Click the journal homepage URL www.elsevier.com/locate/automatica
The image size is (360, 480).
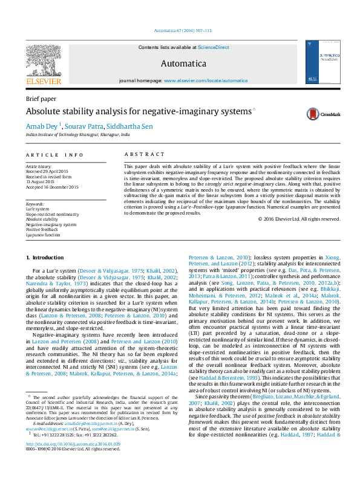(x=206, y=80)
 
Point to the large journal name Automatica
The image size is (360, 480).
(x=183, y=63)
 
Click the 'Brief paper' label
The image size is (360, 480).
(x=41, y=99)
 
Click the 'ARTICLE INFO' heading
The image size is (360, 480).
(x=54, y=155)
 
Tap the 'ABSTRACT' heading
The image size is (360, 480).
(x=144, y=155)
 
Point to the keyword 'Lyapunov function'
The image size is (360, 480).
(x=43, y=235)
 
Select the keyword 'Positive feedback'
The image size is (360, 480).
(x=42, y=230)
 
